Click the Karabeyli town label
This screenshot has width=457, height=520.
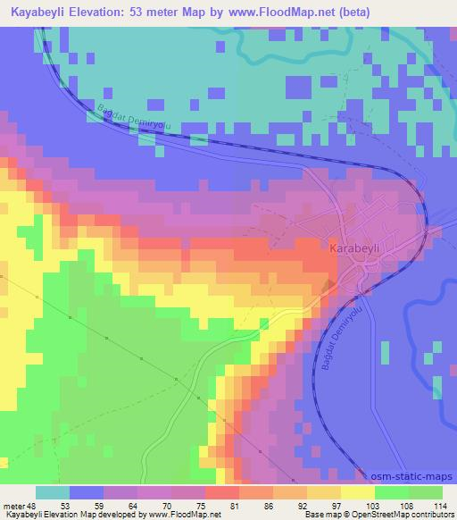[x=356, y=247]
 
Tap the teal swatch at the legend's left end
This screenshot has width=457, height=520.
[x=52, y=492]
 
